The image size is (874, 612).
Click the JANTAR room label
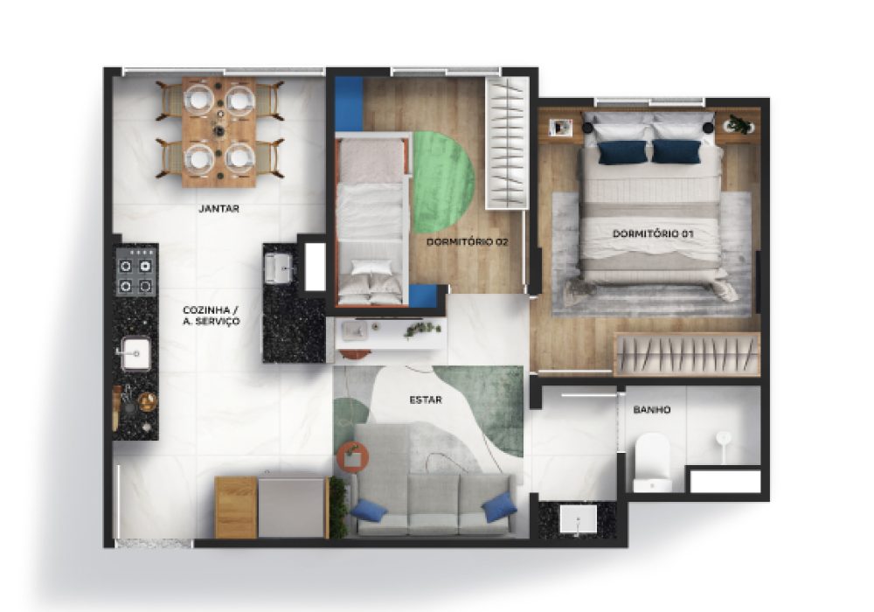(x=219, y=209)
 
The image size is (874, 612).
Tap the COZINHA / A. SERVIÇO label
(x=212, y=316)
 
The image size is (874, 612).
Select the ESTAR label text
(x=426, y=400)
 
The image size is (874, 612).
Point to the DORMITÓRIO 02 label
(x=467, y=242)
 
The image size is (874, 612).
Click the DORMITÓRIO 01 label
(x=653, y=233)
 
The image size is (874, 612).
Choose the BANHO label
(x=652, y=410)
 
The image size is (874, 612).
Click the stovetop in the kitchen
(x=135, y=271)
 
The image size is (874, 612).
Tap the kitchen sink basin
(x=135, y=353)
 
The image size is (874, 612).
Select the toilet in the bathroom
(x=652, y=462)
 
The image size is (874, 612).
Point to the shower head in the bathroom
(x=724, y=438)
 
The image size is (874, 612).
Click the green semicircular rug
(x=443, y=182)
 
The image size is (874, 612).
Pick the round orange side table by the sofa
(x=352, y=456)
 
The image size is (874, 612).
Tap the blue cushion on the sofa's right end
(x=499, y=508)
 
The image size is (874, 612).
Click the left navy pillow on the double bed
(x=622, y=152)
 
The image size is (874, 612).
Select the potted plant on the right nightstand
(x=740, y=124)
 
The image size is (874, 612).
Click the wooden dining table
(x=219, y=132)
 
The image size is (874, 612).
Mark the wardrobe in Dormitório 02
(x=507, y=143)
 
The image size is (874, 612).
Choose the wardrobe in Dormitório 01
(x=687, y=354)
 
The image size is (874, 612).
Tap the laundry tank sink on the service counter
(x=281, y=268)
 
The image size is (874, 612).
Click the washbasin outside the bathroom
(x=578, y=519)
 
